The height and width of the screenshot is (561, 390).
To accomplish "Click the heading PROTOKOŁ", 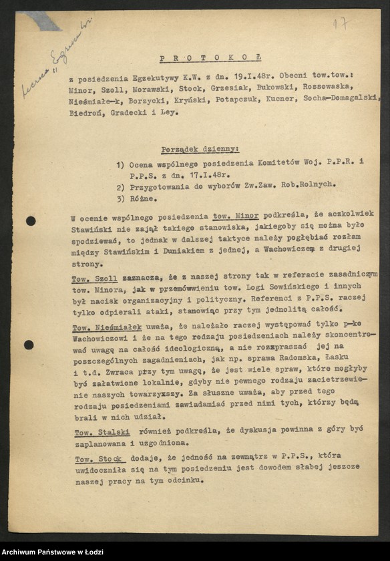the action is coord(211,58).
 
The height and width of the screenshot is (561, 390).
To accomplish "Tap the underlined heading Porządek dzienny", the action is coord(200,150).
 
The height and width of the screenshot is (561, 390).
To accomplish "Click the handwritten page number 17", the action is coord(341,23).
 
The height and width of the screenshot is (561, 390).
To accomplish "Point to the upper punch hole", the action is coord(31,221).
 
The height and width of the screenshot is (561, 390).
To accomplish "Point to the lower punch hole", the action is coord(29,345).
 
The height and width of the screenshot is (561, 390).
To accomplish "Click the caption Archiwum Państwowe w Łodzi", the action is coord(61,551).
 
